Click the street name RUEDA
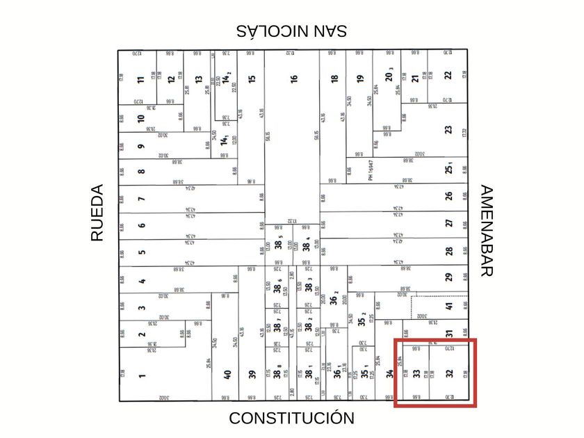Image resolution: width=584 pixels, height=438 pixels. pos(97,213)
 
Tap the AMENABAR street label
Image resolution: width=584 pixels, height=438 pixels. pos(487,231)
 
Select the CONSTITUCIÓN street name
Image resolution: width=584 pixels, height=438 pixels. pos(291,418)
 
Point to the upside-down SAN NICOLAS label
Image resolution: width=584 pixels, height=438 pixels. pos(291,31)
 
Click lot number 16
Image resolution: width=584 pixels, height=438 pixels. pos(294,79)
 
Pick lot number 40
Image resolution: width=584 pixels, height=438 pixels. pos(227,374)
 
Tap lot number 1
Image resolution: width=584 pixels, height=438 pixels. pos(142,376)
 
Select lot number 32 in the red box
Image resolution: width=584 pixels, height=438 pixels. pos(449,374)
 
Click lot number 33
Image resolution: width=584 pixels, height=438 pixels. pos(416,374)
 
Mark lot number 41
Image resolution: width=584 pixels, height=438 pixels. pos(449,305)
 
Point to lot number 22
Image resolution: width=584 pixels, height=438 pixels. pos(448,75)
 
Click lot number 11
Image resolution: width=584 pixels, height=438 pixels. pos(141,79)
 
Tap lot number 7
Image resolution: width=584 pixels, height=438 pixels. pos(142,200)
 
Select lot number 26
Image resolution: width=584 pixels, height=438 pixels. pos(449,197)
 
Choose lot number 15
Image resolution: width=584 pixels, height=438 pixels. pos(252,79)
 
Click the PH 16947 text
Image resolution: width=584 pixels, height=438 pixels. pos(371,171)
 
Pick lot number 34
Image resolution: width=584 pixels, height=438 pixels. pos(389,374)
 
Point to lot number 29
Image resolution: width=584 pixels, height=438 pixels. pos(449,277)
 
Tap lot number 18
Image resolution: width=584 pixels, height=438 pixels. pos(334,79)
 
